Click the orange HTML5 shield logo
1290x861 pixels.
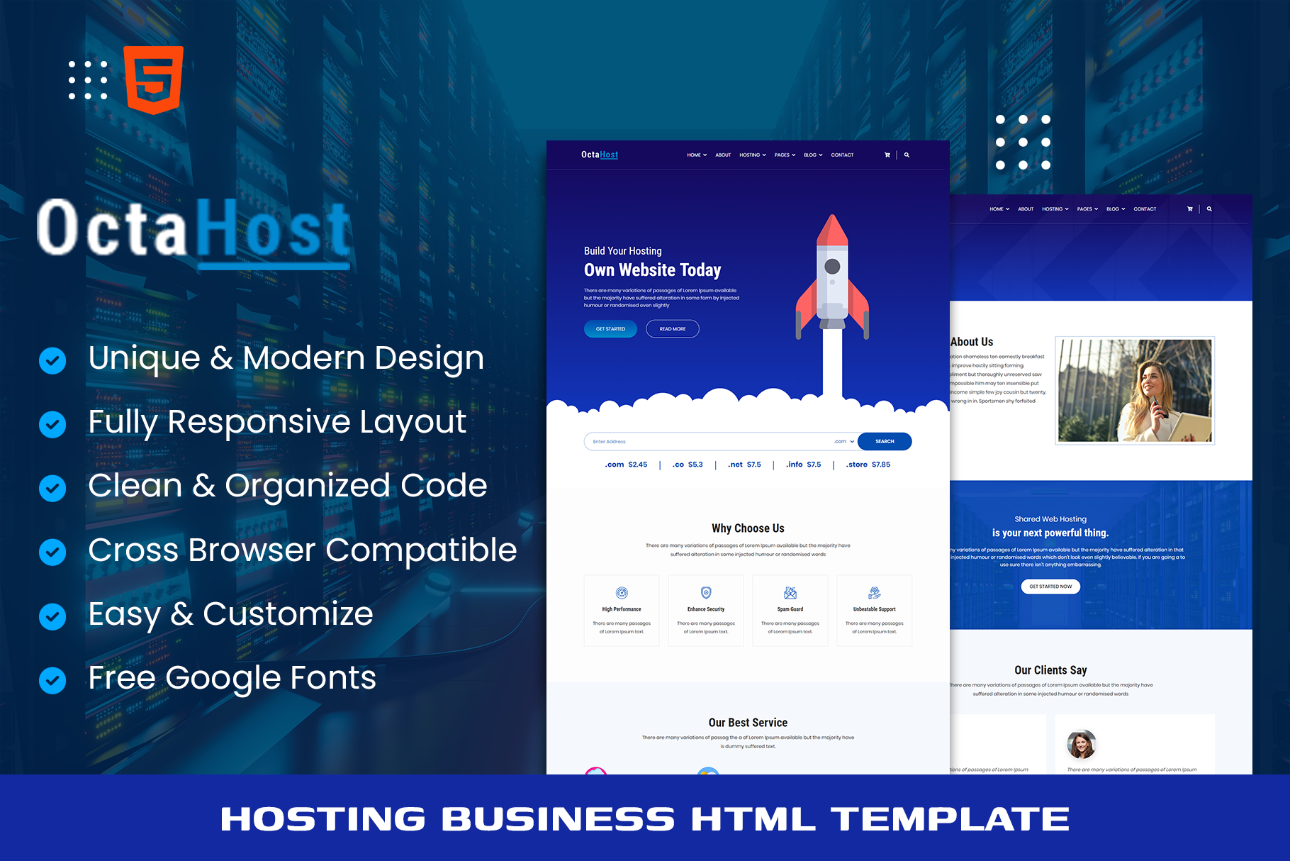pos(154,79)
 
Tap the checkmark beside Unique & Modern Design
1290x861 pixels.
pos(52,360)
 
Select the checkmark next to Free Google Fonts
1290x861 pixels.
pos(52,679)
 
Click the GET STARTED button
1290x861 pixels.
pos(610,329)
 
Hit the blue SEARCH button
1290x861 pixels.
pos(884,441)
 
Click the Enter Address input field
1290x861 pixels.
pos(709,441)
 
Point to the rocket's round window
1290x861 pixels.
pos(832,267)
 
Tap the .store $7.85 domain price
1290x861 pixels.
pos(868,465)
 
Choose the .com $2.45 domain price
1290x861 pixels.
pos(626,465)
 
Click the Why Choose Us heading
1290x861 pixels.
pos(748,528)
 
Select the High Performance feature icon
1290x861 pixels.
pos(622,593)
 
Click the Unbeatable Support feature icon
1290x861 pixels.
pos(874,593)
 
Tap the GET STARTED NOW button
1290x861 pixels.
pos(1050,587)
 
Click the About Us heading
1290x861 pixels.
pos(972,342)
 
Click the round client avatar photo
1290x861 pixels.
pos(1081,744)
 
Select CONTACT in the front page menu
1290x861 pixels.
pos(842,155)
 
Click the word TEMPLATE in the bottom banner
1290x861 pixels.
pos(950,819)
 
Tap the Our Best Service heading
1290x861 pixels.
pos(748,723)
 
